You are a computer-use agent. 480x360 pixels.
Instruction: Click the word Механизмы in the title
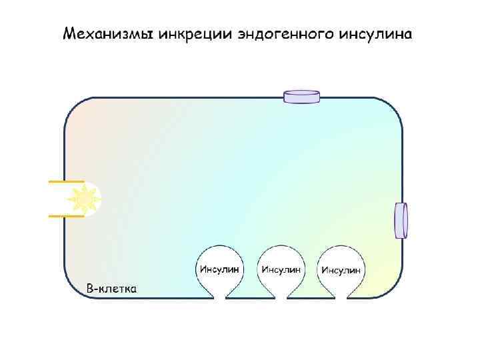(108, 33)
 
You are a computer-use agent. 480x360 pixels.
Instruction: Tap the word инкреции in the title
(197, 33)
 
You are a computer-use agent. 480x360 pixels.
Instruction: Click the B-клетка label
(113, 289)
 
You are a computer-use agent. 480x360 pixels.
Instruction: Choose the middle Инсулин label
(281, 269)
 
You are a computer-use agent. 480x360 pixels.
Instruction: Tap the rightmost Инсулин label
(341, 269)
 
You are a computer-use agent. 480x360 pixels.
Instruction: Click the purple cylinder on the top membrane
(302, 97)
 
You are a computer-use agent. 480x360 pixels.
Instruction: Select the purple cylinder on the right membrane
(401, 220)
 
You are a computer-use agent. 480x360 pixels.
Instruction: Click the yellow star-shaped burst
(85, 198)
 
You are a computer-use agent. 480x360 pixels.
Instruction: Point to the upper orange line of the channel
(66, 181)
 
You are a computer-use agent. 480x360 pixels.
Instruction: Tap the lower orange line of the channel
(66, 216)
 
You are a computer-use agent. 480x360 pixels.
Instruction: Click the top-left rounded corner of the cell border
(73, 106)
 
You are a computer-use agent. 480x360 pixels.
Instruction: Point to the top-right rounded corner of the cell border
(394, 107)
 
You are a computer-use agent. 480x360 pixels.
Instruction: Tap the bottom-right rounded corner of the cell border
(394, 287)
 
